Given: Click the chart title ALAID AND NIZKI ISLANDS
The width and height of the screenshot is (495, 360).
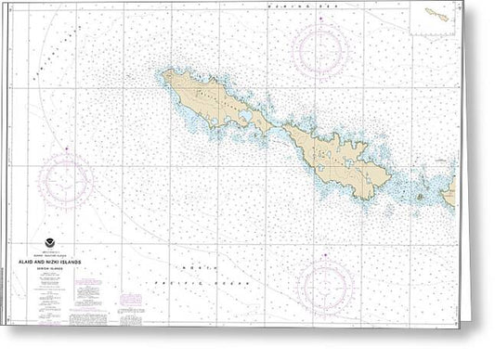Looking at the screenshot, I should point(55,263).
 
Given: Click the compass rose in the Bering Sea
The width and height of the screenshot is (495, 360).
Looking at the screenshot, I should point(320,50).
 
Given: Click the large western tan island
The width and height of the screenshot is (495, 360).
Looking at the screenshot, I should point(212,100).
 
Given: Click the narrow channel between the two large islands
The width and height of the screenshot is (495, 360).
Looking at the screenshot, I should point(277,127).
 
